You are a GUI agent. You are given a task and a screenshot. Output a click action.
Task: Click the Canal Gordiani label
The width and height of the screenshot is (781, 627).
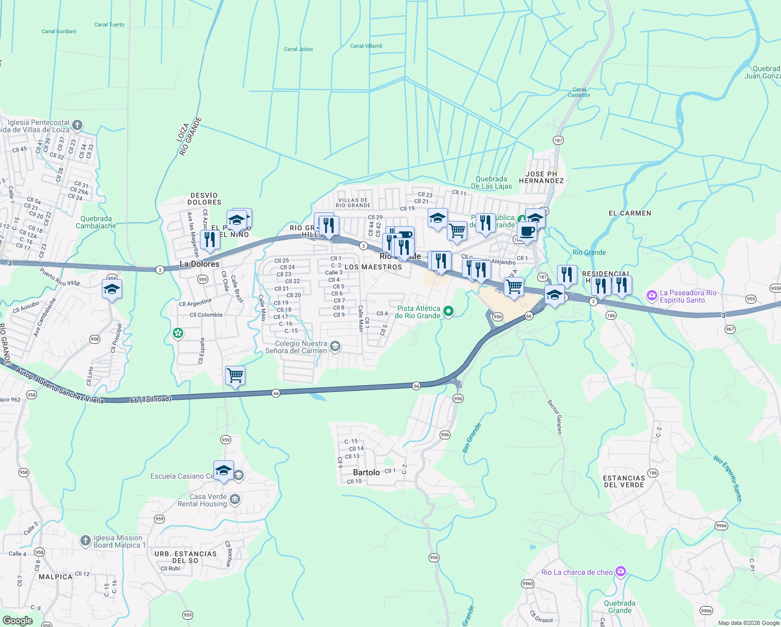59,31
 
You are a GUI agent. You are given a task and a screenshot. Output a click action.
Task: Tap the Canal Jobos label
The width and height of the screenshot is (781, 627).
299,49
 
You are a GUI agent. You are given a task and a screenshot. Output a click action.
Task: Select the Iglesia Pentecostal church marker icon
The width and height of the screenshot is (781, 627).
77,125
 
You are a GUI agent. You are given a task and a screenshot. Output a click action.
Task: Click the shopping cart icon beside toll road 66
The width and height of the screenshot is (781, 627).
235,375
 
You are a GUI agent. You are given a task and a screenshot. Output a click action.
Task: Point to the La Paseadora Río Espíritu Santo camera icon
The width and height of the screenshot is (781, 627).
652,296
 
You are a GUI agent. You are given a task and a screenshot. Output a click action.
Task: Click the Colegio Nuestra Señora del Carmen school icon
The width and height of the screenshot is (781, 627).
335,346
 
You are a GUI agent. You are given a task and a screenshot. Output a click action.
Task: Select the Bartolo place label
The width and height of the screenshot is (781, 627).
366,472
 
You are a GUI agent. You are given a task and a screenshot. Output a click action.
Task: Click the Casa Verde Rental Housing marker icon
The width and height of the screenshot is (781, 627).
235,500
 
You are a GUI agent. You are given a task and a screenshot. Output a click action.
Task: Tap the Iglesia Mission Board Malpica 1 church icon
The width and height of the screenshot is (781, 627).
86,541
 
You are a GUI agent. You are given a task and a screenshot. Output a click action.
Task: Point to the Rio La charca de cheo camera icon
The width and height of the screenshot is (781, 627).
620,571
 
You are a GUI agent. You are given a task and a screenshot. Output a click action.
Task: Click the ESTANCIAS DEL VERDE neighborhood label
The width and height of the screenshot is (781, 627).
624,481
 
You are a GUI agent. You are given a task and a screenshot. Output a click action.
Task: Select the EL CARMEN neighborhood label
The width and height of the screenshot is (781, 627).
630,213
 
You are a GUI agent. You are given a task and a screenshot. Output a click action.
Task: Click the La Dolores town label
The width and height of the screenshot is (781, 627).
199,264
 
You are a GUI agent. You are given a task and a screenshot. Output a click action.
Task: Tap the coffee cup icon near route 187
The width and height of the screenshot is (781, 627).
527,230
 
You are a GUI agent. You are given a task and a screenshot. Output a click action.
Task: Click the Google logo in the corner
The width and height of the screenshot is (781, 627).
18,621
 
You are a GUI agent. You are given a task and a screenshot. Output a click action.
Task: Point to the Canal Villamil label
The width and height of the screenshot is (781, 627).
366,46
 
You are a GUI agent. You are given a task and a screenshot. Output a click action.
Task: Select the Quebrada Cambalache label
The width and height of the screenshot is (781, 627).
96,222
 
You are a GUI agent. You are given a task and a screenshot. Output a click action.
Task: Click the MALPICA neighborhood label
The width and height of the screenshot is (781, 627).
55,577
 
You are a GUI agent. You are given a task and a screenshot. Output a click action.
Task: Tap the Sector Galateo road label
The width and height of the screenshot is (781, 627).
555,417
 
